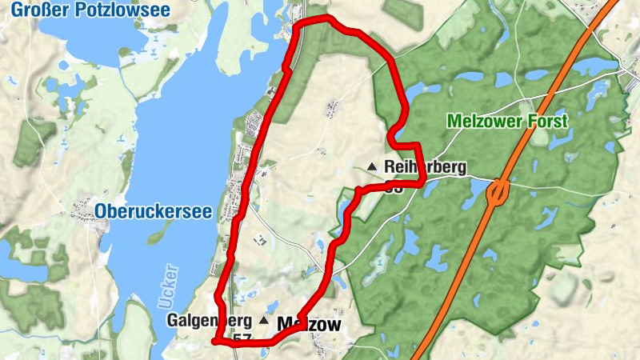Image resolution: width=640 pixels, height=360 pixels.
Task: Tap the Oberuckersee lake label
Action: point(153,211)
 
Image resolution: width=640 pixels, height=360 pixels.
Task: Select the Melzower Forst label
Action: point(508,122)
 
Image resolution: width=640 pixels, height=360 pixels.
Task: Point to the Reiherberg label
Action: point(424,167)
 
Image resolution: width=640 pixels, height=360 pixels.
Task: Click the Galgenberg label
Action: point(210,321)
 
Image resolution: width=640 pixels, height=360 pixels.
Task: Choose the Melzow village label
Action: point(309,324)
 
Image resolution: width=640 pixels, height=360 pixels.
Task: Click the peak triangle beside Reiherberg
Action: point(371,166)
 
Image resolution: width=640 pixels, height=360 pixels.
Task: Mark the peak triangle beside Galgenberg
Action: point(264,320)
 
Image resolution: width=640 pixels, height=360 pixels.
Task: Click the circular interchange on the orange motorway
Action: point(498,192)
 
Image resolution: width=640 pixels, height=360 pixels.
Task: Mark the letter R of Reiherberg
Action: point(390,167)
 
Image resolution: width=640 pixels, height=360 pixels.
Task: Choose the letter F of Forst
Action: point(534,122)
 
